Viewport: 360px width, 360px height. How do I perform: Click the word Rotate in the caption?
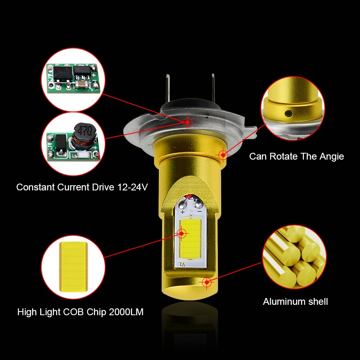coord(285,156)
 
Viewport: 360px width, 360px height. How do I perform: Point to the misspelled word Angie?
coord(331,156)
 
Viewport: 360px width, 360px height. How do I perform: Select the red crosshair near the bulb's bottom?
coord(206,282)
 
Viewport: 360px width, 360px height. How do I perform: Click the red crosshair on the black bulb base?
coord(188,122)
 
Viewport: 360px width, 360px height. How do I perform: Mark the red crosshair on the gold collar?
coord(222,154)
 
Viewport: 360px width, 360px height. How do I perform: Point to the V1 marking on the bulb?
coord(182,264)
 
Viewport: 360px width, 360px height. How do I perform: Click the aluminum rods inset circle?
coord(294,256)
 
